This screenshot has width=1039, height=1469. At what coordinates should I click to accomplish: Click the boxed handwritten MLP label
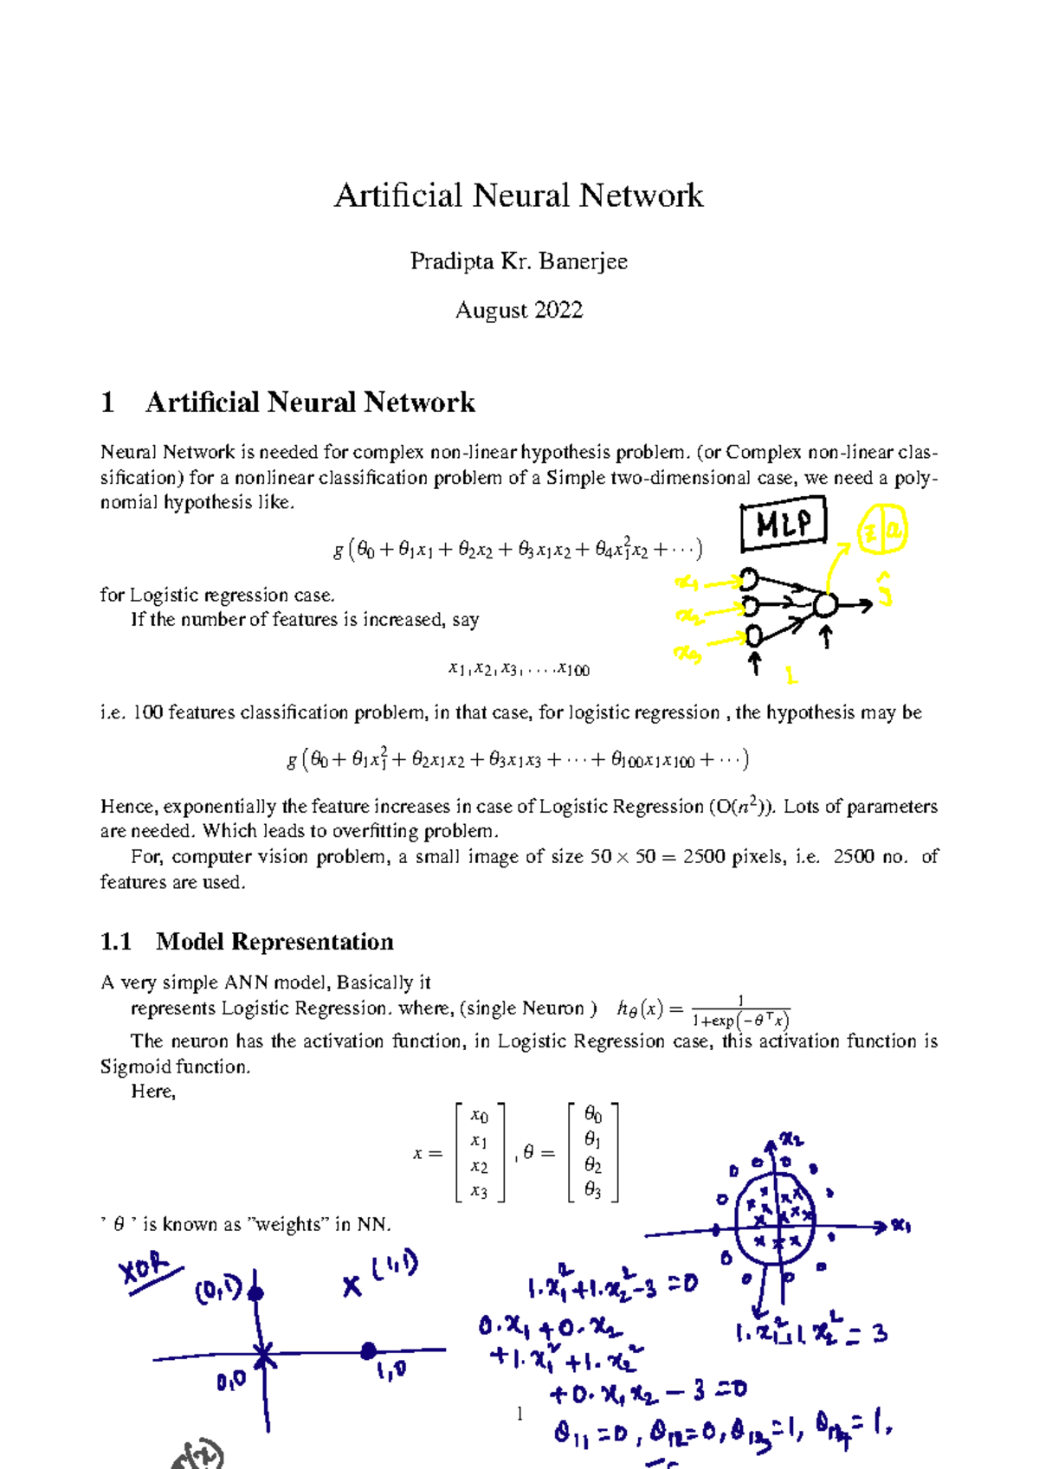(784, 524)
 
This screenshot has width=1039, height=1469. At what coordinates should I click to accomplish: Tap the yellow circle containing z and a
(881, 532)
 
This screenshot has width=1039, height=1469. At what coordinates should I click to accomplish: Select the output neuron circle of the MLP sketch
(826, 605)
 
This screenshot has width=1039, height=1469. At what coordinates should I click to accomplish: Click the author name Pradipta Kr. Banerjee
(519, 261)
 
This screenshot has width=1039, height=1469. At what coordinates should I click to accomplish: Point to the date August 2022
(519, 310)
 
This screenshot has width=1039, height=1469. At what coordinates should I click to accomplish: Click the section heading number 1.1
(116, 942)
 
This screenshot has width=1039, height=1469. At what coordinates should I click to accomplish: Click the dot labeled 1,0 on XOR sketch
(369, 1350)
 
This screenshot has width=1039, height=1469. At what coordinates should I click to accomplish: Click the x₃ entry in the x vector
(479, 1191)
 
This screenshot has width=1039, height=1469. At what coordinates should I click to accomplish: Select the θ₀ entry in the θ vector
(593, 1115)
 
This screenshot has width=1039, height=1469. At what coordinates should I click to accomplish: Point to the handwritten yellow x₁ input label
(687, 583)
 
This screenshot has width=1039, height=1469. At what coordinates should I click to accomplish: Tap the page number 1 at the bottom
(519, 1414)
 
